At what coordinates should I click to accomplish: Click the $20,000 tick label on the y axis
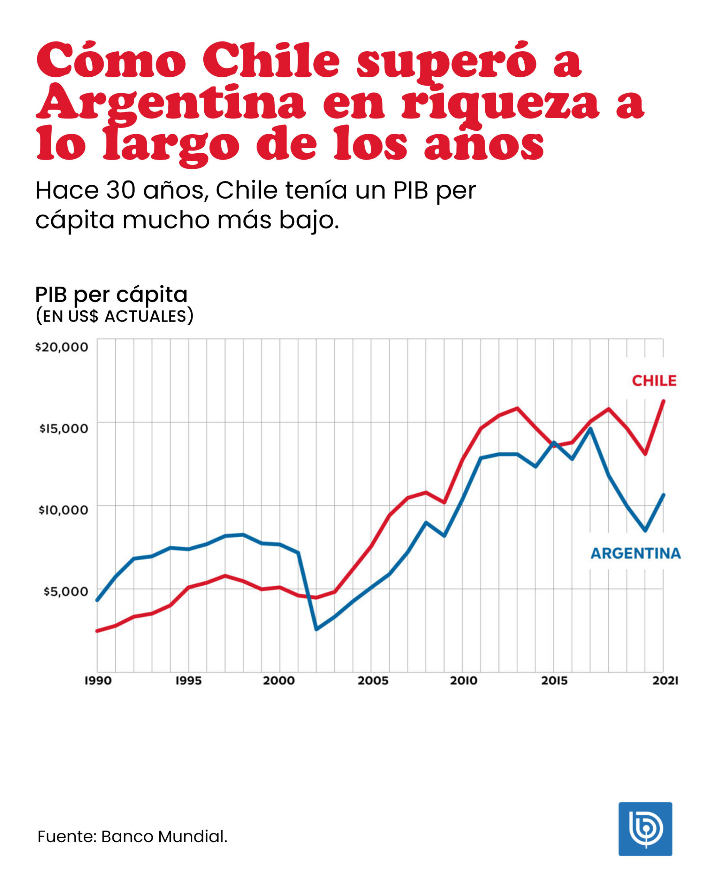click(61, 347)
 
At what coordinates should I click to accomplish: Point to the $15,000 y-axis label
click(63, 429)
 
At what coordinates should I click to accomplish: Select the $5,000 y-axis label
click(66, 592)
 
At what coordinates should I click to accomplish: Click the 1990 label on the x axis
click(98, 681)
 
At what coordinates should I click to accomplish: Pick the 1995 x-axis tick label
click(188, 681)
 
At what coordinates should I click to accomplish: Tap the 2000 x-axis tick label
click(279, 681)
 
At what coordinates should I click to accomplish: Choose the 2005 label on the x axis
click(373, 681)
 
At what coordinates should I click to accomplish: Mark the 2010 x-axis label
click(464, 681)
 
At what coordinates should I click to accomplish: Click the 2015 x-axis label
click(554, 681)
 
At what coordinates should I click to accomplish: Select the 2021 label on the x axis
click(665, 681)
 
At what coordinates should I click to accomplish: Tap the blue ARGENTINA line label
click(635, 554)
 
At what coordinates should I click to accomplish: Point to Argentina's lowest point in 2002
click(316, 629)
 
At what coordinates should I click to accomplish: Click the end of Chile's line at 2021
click(663, 401)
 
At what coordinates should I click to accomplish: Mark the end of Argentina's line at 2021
click(663, 495)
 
